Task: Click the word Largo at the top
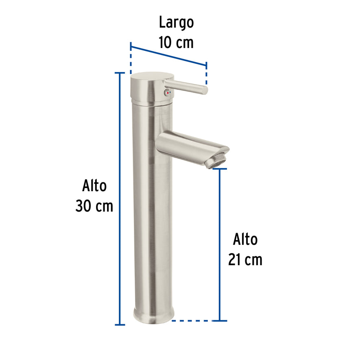pyautogui.click(x=176, y=23)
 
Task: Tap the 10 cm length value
pyautogui.click(x=176, y=42)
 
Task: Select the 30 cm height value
pyautogui.click(x=94, y=206)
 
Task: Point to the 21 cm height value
pyautogui.click(x=245, y=259)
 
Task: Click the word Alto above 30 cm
pyautogui.click(x=94, y=186)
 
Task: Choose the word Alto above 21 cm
pyautogui.click(x=245, y=239)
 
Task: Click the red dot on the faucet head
pyautogui.click(x=165, y=93)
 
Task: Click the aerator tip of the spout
pyautogui.click(x=216, y=161)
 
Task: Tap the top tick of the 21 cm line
pyautogui.click(x=220, y=169)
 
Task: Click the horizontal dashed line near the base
pyautogui.click(x=193, y=321)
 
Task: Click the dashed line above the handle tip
pyautogui.click(x=206, y=73)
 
